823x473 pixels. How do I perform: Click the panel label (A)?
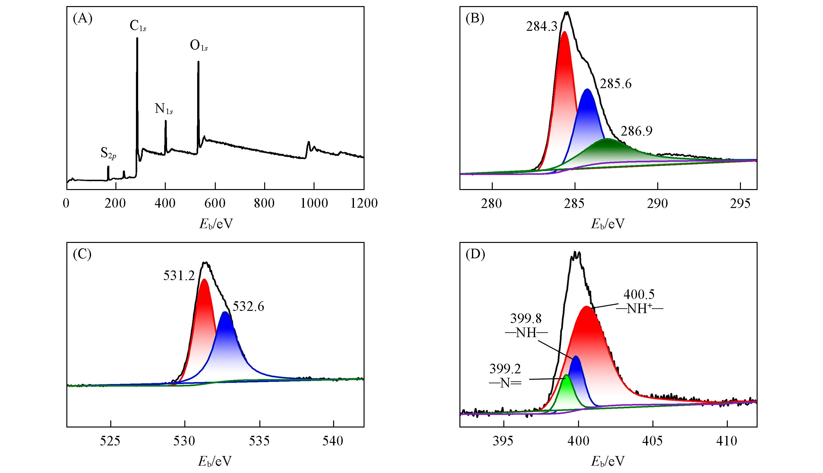(x=82, y=19)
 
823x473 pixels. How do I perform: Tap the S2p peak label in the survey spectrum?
(x=108, y=153)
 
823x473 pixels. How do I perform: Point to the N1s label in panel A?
(x=164, y=109)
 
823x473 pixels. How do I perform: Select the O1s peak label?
(x=198, y=46)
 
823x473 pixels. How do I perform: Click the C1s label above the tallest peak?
(x=138, y=26)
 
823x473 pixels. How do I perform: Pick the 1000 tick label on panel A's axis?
(x=314, y=203)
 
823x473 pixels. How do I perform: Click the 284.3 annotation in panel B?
(x=542, y=27)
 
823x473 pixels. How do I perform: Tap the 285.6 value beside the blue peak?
(x=615, y=84)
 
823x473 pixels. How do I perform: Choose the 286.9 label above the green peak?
(x=636, y=131)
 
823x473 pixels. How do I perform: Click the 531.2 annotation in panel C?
(x=179, y=276)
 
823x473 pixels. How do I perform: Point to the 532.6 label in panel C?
(x=248, y=306)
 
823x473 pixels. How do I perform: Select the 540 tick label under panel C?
(x=333, y=441)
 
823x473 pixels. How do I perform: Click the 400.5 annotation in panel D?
(x=638, y=294)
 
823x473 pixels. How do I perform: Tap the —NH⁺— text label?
(x=639, y=309)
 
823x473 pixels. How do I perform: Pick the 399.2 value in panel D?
(x=505, y=369)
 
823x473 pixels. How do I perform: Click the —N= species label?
(x=505, y=383)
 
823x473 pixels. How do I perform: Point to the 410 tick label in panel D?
(x=727, y=441)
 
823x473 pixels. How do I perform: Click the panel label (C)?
(x=82, y=255)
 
